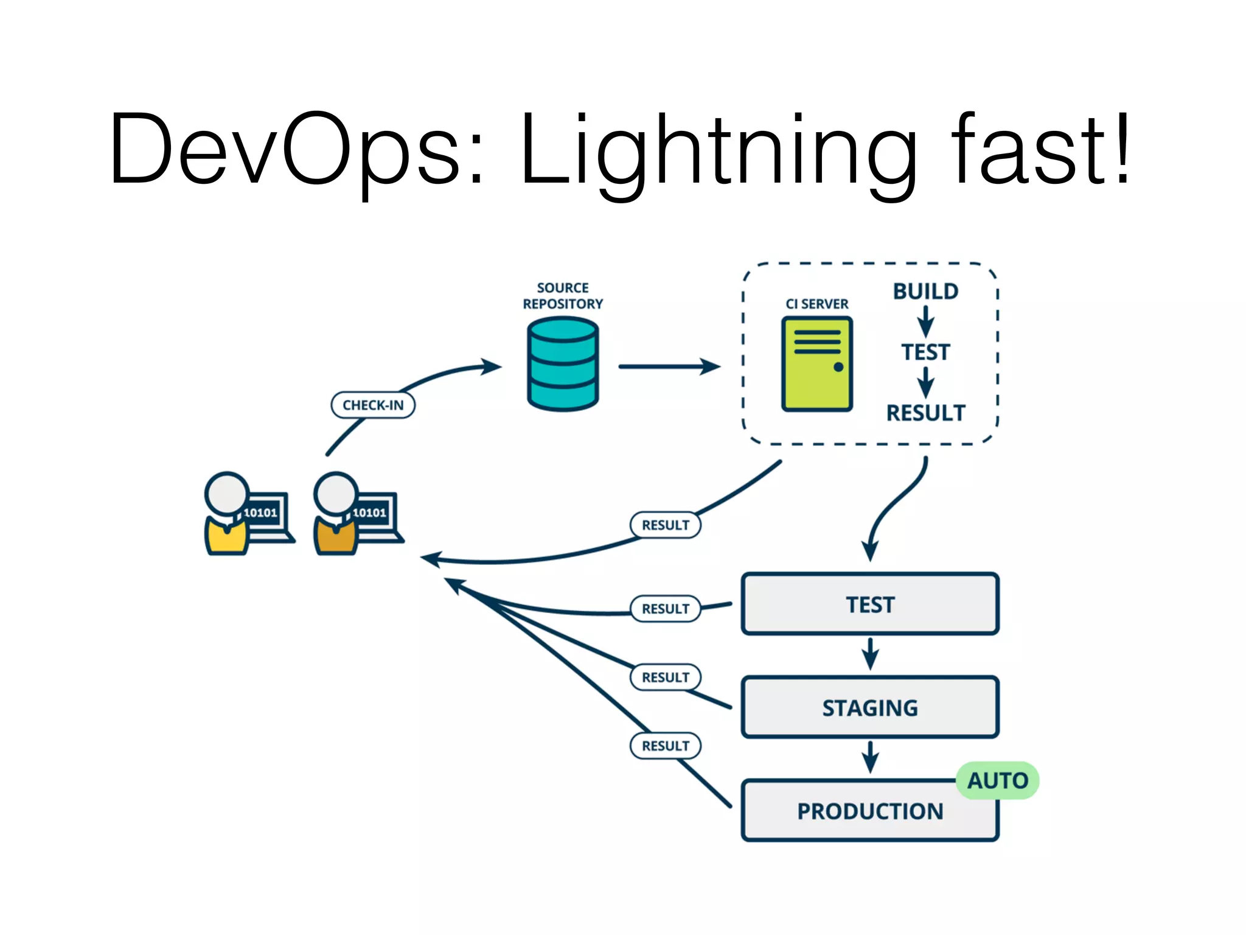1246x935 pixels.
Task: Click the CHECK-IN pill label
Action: click(373, 405)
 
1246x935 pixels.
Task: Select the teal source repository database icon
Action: click(563, 364)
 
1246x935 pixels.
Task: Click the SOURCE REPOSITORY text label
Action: click(563, 296)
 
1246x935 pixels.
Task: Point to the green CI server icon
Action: click(817, 364)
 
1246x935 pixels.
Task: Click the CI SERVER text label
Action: click(816, 304)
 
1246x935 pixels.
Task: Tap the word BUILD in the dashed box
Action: click(925, 292)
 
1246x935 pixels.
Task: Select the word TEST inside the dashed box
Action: click(925, 352)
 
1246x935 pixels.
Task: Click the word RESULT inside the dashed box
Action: click(925, 413)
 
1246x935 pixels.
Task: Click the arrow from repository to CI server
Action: click(669, 366)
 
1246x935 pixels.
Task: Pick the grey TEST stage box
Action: click(870, 604)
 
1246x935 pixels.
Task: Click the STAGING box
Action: click(870, 707)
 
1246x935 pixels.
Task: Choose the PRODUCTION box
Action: click(870, 811)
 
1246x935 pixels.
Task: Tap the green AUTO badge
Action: click(997, 780)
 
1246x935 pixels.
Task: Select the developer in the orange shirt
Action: click(336, 517)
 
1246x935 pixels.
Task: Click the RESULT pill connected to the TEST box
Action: click(666, 609)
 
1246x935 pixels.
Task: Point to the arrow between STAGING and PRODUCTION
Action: click(870, 757)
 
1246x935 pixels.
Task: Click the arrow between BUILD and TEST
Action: click(925, 321)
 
